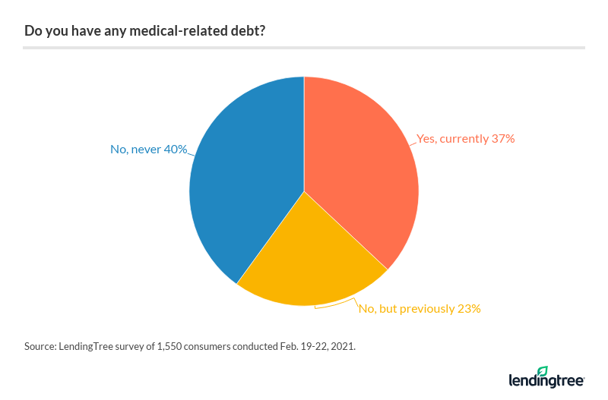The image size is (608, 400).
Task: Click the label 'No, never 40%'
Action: pos(149,150)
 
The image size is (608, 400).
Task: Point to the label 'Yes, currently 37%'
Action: pos(466,139)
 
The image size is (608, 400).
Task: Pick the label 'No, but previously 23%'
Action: pos(420,308)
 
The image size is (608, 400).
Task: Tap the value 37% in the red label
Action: pos(502,139)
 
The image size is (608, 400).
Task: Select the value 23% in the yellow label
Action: pos(468,308)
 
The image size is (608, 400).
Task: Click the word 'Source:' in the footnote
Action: pos(40,346)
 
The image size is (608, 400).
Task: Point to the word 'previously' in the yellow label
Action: pos(426,308)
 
